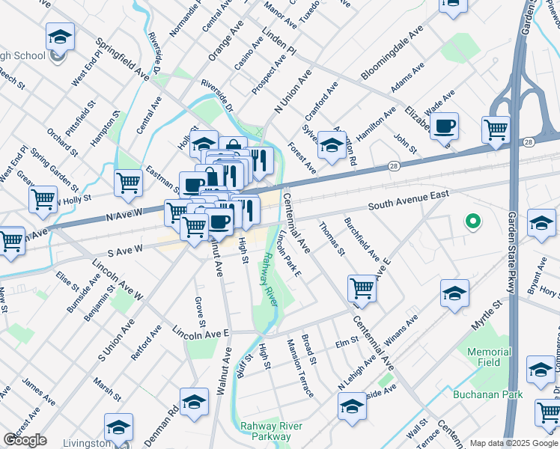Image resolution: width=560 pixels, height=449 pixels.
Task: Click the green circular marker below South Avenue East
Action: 472,221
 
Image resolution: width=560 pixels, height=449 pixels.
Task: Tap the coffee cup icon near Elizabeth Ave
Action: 444,125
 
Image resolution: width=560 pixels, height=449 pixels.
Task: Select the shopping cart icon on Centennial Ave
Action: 362,287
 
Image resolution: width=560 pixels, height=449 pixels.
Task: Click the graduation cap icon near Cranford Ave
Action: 330,143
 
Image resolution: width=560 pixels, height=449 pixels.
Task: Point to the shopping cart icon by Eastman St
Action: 129,182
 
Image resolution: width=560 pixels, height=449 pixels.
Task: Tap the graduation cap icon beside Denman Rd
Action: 194,402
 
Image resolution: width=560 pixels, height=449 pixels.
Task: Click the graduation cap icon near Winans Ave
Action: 454,293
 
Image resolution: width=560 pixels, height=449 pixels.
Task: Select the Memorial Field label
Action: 489,357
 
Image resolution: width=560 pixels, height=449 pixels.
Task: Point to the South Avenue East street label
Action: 409,199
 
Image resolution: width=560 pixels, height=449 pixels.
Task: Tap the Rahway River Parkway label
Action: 265,432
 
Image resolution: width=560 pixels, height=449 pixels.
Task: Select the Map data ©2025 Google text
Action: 514,443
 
